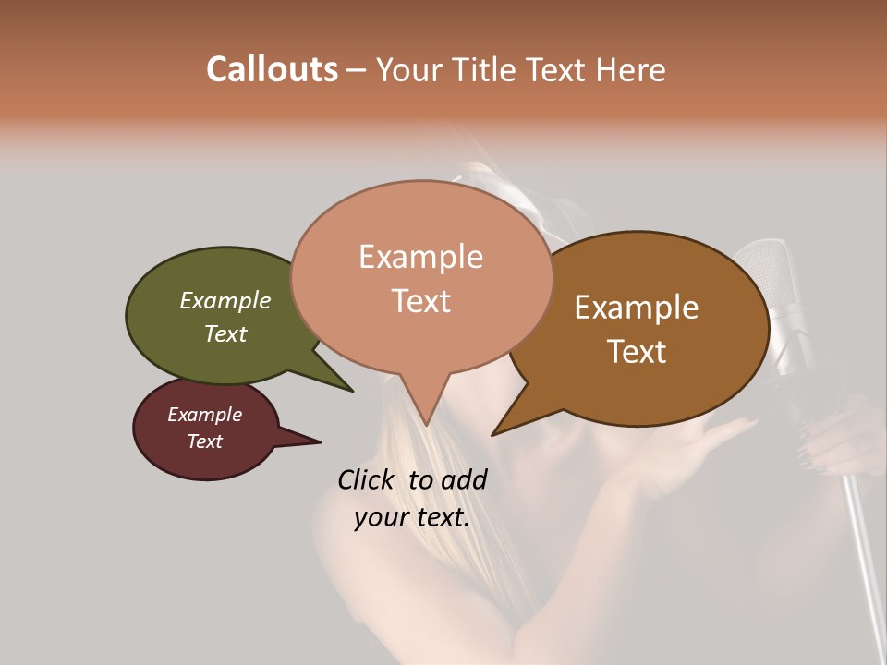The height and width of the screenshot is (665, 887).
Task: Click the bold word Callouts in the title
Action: (x=272, y=69)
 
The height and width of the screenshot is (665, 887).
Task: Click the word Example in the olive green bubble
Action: (x=225, y=300)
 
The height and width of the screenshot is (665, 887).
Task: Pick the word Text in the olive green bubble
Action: (x=225, y=333)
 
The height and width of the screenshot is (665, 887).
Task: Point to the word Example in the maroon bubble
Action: (x=204, y=415)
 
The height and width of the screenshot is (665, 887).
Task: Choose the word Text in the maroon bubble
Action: (x=204, y=441)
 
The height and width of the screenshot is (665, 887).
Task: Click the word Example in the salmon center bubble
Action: (x=420, y=257)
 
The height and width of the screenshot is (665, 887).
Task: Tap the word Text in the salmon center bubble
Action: (x=420, y=301)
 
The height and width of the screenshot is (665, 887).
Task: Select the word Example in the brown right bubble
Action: (x=637, y=308)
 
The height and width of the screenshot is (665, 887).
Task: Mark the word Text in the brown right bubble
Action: (x=637, y=352)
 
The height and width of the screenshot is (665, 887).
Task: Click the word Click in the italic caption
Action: (x=368, y=479)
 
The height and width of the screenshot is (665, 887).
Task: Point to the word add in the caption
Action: (x=465, y=479)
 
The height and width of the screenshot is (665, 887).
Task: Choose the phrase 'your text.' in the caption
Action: (x=412, y=517)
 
